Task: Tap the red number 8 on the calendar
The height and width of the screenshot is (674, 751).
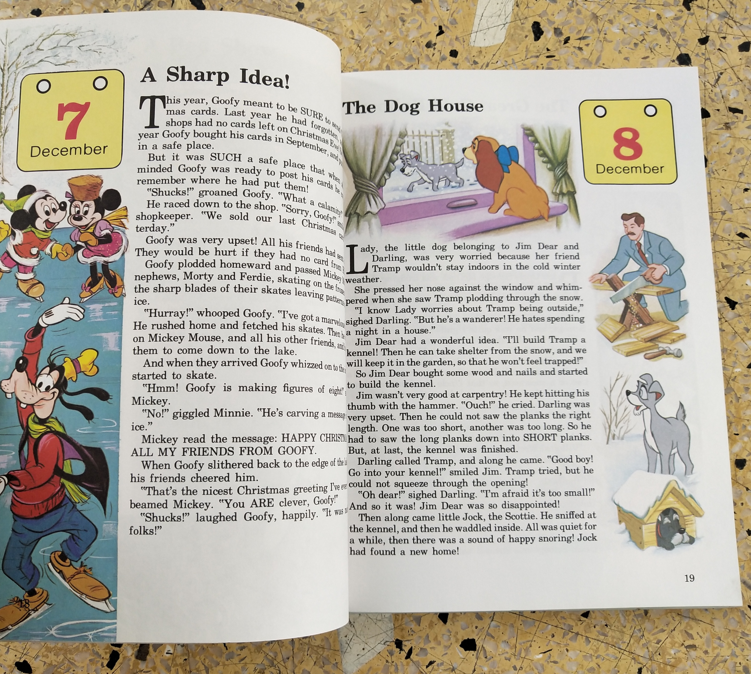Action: tap(627, 145)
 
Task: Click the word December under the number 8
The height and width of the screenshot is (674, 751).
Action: tap(630, 169)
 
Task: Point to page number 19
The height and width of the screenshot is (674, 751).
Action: tap(689, 578)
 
